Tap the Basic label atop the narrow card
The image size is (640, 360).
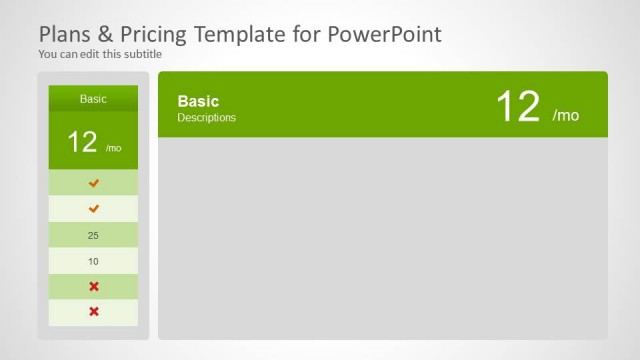point(93,99)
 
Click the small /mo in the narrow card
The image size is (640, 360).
point(113,148)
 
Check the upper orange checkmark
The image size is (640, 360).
point(94,183)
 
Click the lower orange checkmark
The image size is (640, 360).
point(94,209)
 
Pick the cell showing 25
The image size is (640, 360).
point(93,235)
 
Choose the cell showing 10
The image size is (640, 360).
point(93,261)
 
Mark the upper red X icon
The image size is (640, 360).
point(94,287)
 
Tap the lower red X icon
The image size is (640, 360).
point(94,312)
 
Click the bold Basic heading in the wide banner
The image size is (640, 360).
point(198,101)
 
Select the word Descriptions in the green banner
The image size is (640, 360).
point(206,118)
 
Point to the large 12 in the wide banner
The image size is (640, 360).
point(518,106)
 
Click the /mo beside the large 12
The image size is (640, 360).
point(566,115)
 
